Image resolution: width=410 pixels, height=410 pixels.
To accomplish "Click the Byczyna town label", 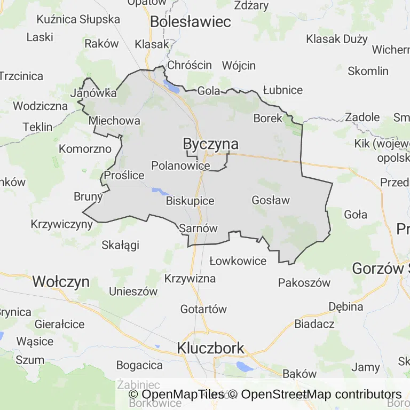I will coord(210,144).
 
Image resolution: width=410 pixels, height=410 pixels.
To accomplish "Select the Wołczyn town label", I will coord(61,281).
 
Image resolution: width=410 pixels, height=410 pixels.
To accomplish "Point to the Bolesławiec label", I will coord(191,22).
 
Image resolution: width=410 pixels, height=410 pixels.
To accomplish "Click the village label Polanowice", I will coord(180,165).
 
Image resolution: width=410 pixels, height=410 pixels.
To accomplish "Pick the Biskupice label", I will coord(190,201).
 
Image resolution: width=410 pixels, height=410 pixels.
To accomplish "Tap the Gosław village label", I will coord(270,200).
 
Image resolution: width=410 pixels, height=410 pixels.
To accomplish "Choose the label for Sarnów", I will coord(199,228).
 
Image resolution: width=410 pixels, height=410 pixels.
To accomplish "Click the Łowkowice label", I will coord(238,261).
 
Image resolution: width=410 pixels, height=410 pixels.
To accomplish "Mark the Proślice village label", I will coord(124,175).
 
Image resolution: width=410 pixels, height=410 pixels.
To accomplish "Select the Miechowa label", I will coord(115,121).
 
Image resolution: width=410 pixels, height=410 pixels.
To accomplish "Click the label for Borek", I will coord(267,119).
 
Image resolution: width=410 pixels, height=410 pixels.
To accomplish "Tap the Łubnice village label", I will coord(283,90).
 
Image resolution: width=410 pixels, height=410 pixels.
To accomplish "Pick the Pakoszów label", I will coord(304,283).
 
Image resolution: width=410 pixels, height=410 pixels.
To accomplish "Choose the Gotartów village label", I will coord(203,309).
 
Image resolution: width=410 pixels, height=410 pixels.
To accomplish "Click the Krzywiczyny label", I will coord(62,224).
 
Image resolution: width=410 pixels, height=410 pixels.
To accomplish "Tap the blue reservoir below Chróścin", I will coord(171,86).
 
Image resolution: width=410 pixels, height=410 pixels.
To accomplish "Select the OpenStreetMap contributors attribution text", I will coord(321,395).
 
